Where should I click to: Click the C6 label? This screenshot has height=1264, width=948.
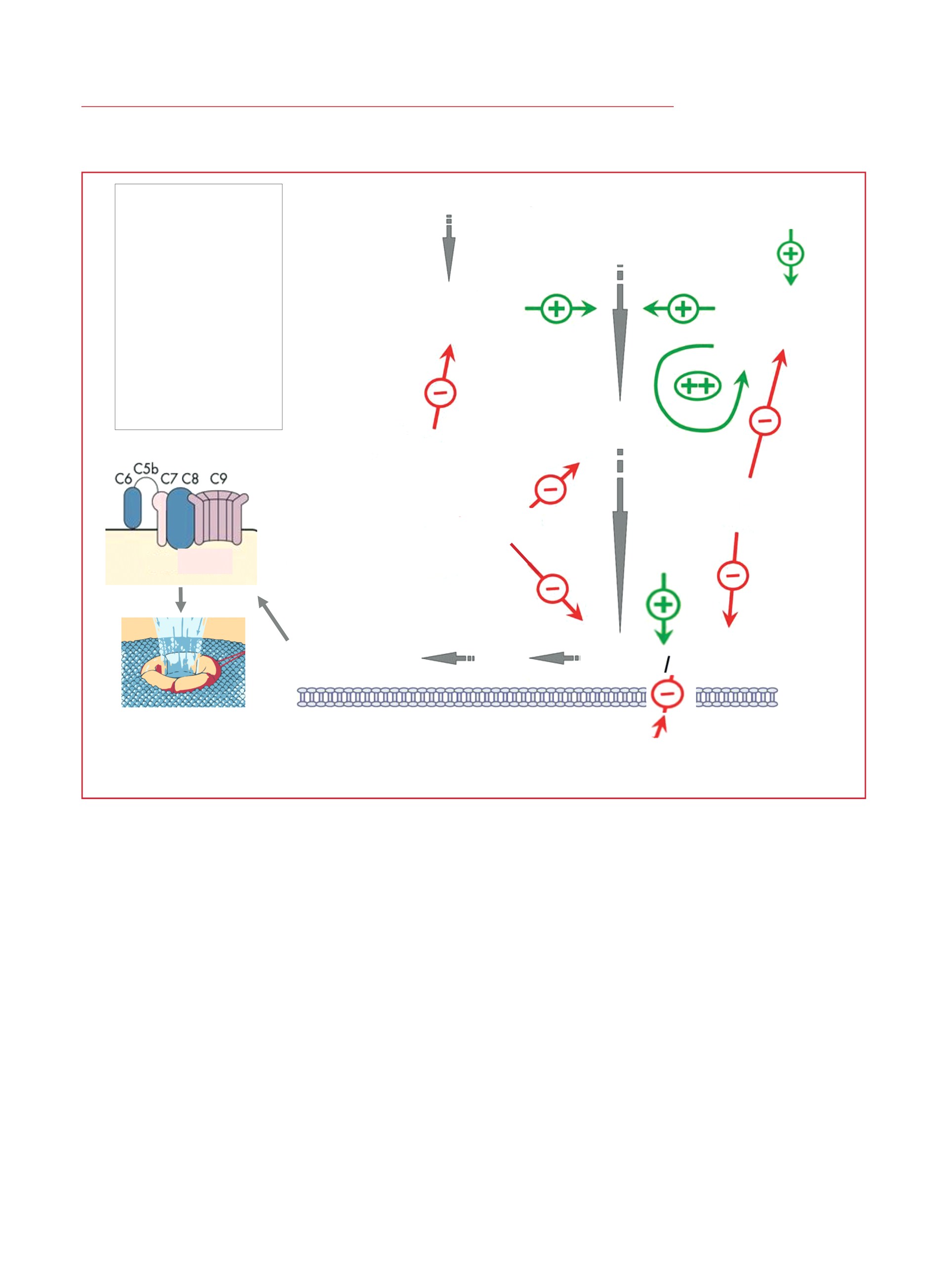(124, 478)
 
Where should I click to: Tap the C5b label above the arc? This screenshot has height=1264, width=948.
(146, 468)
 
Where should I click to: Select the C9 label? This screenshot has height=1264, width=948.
(218, 478)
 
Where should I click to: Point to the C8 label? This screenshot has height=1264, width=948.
(190, 478)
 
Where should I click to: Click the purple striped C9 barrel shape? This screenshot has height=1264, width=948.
(218, 517)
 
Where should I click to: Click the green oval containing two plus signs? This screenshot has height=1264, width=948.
(698, 386)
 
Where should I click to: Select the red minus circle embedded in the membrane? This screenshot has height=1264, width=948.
(667, 694)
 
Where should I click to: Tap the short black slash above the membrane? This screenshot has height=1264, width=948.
(666, 664)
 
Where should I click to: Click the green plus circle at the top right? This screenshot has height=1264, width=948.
(790, 253)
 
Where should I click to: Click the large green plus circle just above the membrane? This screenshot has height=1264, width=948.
(663, 604)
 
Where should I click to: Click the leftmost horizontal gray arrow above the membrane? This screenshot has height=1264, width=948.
(448, 658)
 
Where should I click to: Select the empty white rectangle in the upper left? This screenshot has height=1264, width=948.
(198, 307)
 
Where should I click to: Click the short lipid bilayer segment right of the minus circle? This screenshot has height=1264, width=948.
(736, 697)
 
